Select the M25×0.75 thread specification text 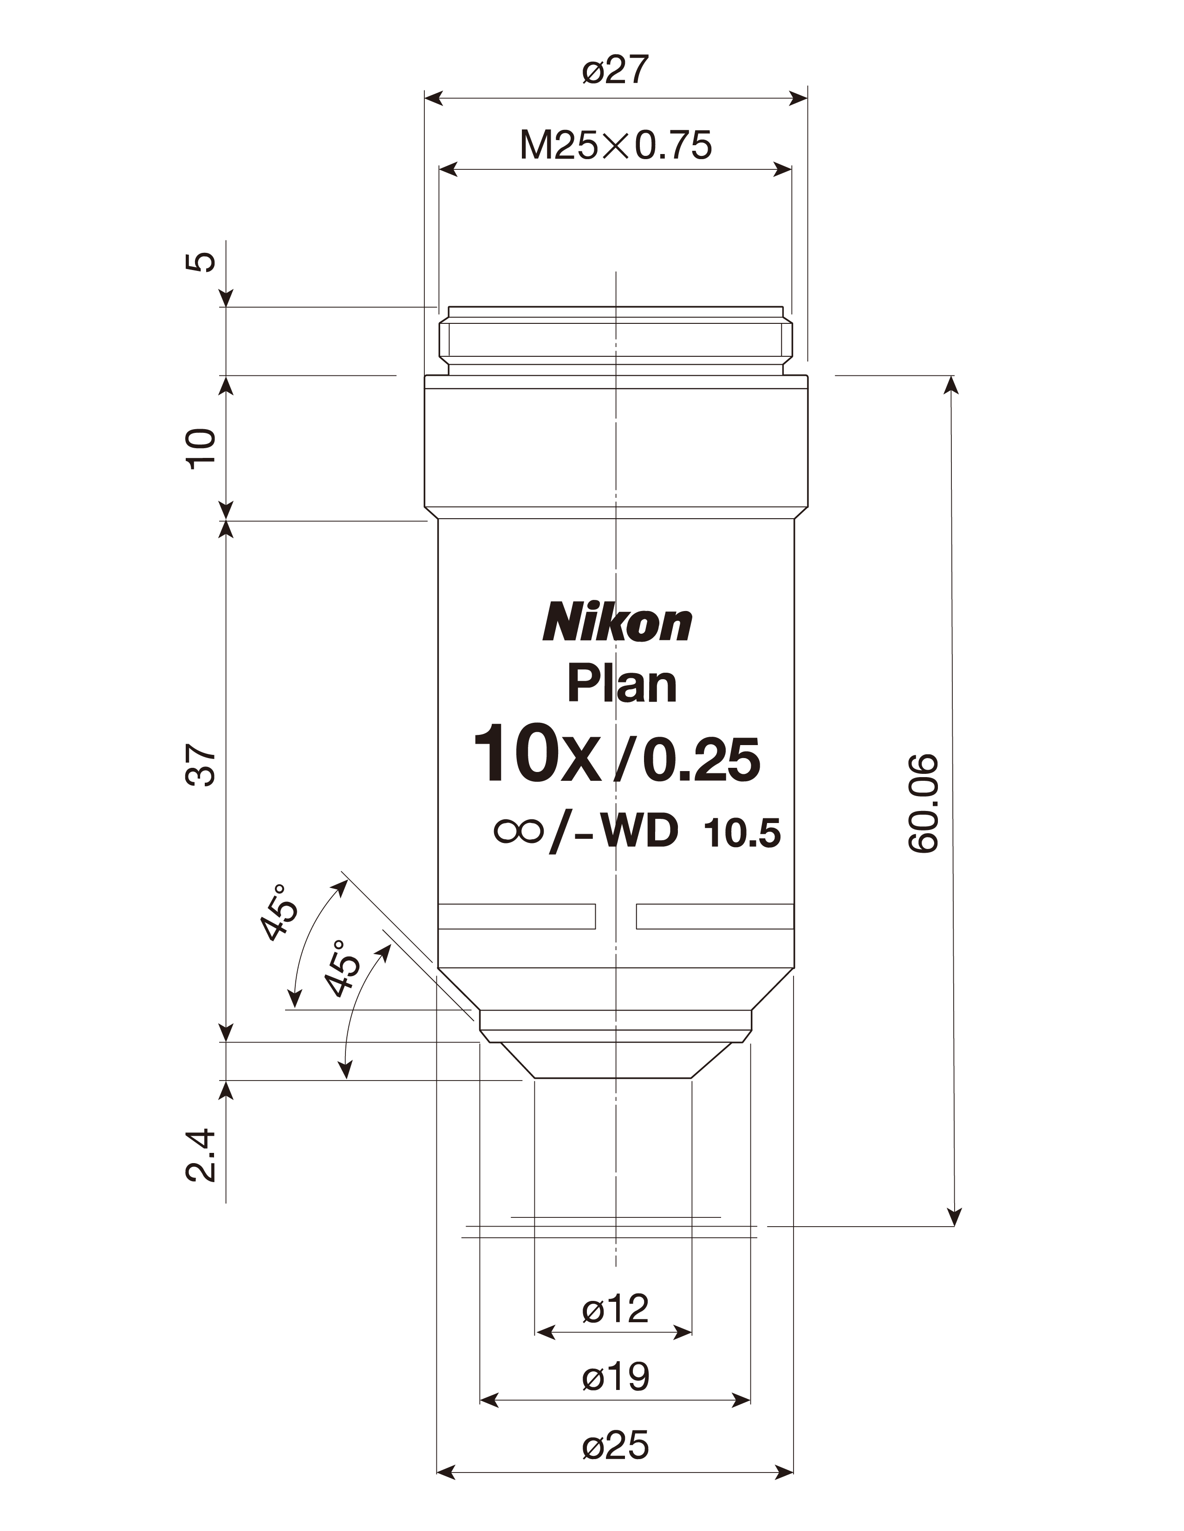[x=616, y=146]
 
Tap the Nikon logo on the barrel [x=617, y=623]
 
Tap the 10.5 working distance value [x=743, y=834]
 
